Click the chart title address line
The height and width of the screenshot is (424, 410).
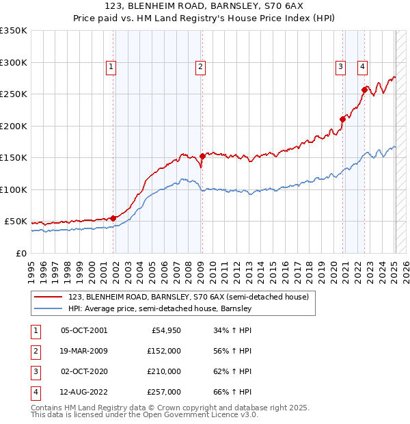coord(205,6)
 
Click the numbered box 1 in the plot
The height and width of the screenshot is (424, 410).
coord(111,66)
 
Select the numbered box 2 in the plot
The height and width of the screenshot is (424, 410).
coord(200,66)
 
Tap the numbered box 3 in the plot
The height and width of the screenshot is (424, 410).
coord(340,66)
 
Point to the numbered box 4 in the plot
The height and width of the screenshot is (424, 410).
coord(362,66)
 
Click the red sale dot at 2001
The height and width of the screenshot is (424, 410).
coord(113,218)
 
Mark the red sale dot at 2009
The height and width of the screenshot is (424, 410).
coord(202,157)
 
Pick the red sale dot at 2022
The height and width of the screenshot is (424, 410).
coord(364,89)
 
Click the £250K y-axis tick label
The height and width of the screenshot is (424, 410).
coord(14,94)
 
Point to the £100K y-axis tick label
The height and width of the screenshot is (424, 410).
coord(14,189)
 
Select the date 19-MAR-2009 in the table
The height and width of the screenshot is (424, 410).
coord(84,351)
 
